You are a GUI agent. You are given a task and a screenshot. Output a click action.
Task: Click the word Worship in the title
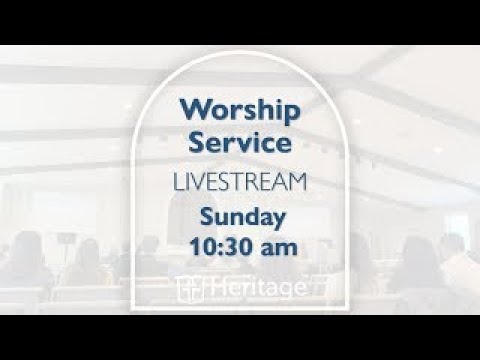coord(240,109)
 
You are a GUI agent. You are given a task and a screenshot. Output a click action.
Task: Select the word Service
coord(240,142)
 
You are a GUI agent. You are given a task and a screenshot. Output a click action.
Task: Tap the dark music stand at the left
coord(65,241)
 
